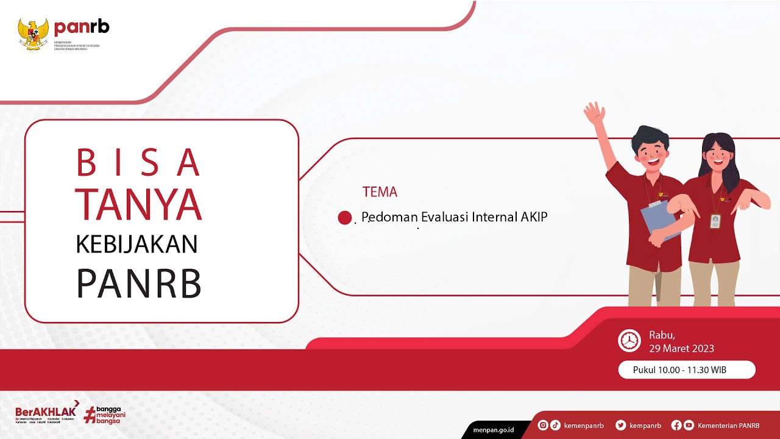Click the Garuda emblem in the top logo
tap(33, 34)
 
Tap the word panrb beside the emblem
tap(82, 27)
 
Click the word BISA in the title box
tap(138, 163)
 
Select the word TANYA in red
tap(140, 204)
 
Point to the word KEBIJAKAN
tap(136, 244)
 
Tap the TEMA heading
tap(380, 192)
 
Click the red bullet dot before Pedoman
tap(345, 218)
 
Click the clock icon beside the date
tap(629, 340)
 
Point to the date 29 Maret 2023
tap(681, 349)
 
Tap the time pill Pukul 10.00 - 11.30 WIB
tap(687, 369)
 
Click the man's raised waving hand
tap(594, 113)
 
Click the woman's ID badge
tap(715, 221)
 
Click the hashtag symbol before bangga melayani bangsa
tap(90, 415)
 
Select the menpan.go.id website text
tap(494, 430)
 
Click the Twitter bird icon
tap(620, 426)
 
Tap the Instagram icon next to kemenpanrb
tap(543, 426)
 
